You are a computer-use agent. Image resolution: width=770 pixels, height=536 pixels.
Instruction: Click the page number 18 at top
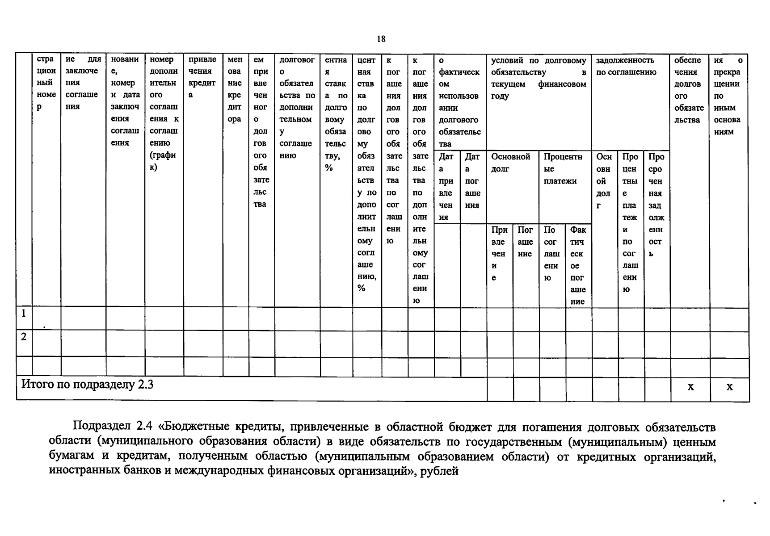click(381, 39)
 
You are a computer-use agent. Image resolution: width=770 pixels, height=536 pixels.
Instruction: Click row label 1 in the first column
click(24, 313)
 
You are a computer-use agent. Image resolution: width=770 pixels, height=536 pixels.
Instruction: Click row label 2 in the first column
click(24, 337)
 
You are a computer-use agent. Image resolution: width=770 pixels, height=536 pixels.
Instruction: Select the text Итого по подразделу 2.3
click(87, 385)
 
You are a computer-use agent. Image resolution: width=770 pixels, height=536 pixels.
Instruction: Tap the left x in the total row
click(690, 387)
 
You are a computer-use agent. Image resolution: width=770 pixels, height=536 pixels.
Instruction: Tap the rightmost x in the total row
click(729, 387)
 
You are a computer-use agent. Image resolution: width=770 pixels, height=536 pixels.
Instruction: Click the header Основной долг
click(510, 163)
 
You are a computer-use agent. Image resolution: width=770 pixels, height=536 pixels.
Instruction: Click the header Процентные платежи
click(563, 169)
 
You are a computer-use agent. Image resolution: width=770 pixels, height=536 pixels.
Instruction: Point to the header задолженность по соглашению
click(626, 66)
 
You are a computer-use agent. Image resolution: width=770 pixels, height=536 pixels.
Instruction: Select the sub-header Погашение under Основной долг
click(525, 242)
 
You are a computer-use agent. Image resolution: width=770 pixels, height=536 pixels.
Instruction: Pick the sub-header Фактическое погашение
click(577, 265)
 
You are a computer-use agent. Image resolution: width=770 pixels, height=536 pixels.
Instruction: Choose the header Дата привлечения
click(446, 187)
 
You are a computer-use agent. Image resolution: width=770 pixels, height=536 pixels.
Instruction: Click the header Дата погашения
click(472, 181)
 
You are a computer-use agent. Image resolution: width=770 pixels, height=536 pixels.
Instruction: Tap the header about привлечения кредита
click(202, 77)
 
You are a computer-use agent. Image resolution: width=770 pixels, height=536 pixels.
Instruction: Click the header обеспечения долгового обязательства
click(689, 90)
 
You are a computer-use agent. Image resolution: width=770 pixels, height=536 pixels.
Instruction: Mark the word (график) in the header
click(163, 161)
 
